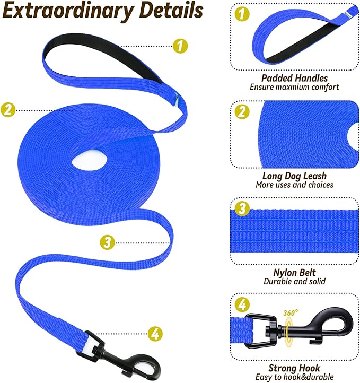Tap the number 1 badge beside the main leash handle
pos(180,46)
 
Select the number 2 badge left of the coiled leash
pos(8,110)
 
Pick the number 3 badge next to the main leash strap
pos(107,242)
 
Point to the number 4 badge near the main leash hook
pos(155,334)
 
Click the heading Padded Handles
pos(294,78)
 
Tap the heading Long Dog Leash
pos(294,176)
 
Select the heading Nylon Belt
pos(294,273)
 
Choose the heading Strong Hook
pos(294,368)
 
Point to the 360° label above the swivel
pos(291,312)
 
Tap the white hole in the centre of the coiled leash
pos(89,162)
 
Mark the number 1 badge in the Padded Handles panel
pos(242,14)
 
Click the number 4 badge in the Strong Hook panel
pos(242,304)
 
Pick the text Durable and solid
pos(294,282)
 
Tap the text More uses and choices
pos(294,185)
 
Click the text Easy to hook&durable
pos(294,377)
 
